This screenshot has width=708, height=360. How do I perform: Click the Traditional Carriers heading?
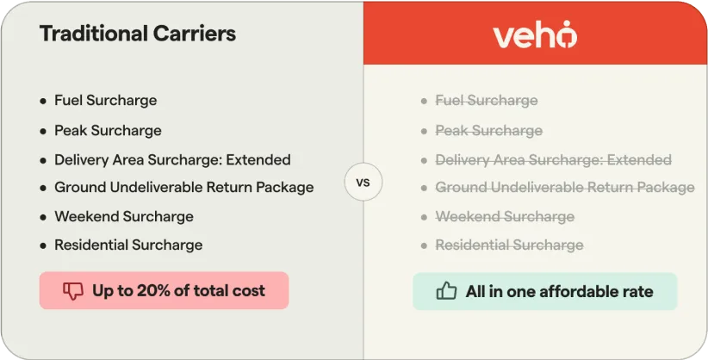(x=138, y=34)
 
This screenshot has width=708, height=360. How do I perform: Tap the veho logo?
(x=535, y=34)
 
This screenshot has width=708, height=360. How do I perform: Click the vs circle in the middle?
(x=363, y=183)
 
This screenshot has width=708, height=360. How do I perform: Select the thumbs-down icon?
(x=73, y=291)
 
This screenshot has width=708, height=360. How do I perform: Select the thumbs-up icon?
(x=446, y=291)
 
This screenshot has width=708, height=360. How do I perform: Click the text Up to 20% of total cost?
(x=178, y=291)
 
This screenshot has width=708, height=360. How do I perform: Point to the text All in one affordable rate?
(x=559, y=291)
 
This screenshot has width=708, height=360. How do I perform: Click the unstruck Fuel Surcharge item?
(x=105, y=101)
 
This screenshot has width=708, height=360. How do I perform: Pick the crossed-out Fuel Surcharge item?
(x=486, y=101)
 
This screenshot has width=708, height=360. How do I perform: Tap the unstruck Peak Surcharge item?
(x=108, y=131)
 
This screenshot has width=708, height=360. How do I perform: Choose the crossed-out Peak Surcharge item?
(x=488, y=131)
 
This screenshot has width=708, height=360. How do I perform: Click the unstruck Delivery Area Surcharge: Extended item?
(x=172, y=160)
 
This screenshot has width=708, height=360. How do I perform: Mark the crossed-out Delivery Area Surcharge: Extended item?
(x=553, y=160)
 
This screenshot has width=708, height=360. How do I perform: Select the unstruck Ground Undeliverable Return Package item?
(x=183, y=188)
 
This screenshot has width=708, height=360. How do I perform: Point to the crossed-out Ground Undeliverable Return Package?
(x=564, y=188)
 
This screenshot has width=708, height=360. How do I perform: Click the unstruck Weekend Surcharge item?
(x=123, y=217)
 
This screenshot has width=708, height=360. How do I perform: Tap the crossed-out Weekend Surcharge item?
(x=504, y=217)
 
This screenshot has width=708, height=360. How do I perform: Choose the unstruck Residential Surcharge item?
(x=128, y=245)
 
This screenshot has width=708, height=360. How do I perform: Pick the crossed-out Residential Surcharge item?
(x=509, y=245)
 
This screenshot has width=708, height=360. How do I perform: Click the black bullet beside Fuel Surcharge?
(x=43, y=102)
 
